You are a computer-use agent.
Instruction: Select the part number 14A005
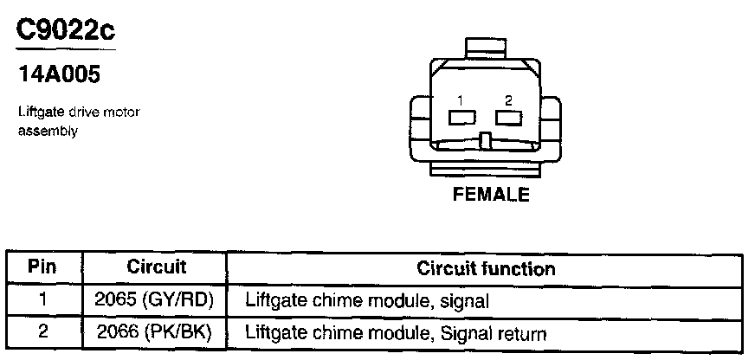coord(60,74)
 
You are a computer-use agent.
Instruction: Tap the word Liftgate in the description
coord(38,112)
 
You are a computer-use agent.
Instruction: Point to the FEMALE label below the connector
coord(491,195)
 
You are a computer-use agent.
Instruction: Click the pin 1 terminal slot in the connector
coord(461,116)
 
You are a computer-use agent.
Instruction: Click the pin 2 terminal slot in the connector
coord(508,116)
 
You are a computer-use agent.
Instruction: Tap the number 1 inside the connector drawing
coord(461,99)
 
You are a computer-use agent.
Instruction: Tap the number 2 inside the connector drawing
coord(508,99)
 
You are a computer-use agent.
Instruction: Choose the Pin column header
coord(42,267)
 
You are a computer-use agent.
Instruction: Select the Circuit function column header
coord(486,268)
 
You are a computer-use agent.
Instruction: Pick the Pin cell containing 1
coord(42,300)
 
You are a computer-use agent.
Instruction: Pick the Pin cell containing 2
coord(42,332)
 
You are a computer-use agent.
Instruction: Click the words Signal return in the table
coord(494,333)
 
